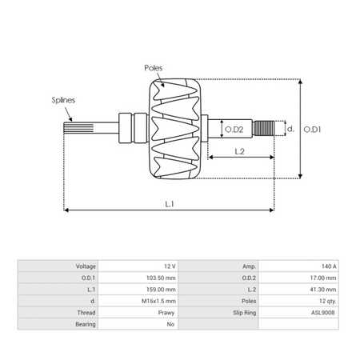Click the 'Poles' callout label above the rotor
(154, 70)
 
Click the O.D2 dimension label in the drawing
(233, 129)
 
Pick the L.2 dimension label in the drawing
(239, 150)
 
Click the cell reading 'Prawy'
(166, 313)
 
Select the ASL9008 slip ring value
(325, 313)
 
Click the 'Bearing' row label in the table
(86, 325)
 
